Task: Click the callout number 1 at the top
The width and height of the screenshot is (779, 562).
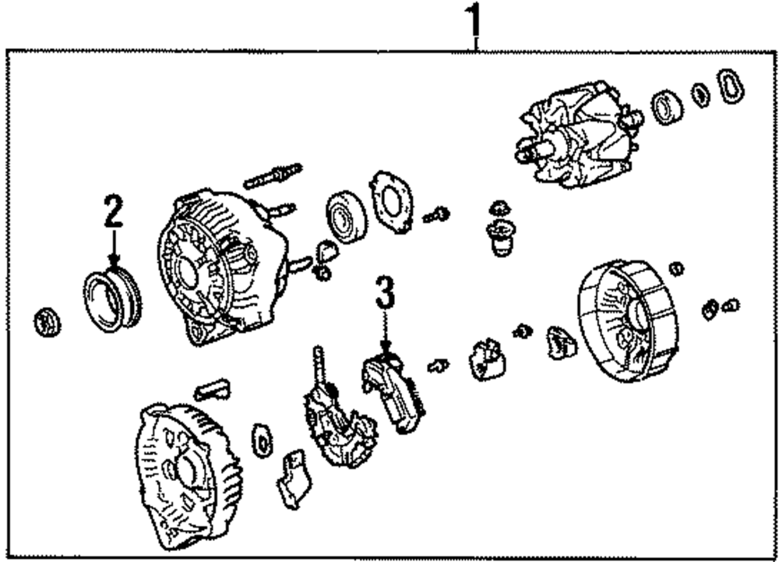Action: [474, 23]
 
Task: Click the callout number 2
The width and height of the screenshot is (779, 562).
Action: [114, 211]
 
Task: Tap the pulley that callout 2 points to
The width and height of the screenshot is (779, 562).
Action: [112, 299]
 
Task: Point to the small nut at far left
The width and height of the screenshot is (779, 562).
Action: [48, 321]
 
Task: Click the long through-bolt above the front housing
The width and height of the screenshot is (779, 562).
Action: [272, 175]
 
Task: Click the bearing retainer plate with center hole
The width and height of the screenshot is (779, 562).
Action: [391, 201]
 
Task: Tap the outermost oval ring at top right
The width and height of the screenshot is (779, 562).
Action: [730, 86]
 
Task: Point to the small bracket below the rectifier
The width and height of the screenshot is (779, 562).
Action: [293, 477]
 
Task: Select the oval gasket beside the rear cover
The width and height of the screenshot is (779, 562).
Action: [263, 442]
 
